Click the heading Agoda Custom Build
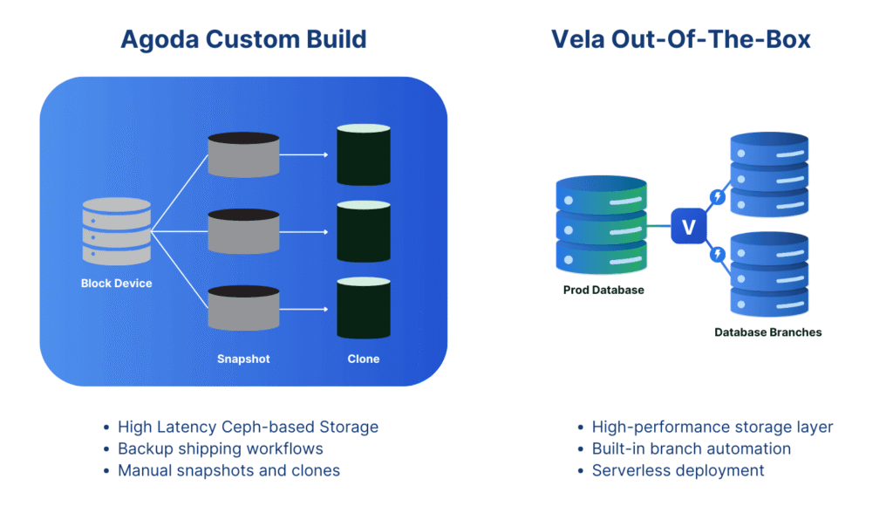pos(243,39)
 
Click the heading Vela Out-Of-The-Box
pos(680,39)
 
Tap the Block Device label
pos(116,284)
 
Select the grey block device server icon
pos(116,231)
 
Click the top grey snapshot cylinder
pos(243,154)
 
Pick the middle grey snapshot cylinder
pos(243,231)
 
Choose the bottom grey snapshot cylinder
pos(243,308)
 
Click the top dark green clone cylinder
pos(363,154)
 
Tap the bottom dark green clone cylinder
pos(363,308)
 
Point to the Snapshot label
pos(243,359)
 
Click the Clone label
pos(363,359)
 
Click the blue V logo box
pos(687,227)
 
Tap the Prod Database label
pos(603,290)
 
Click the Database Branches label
pos(767,332)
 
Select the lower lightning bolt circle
pos(718,255)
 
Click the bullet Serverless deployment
pos(678,470)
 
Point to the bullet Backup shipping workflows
pos(220,448)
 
